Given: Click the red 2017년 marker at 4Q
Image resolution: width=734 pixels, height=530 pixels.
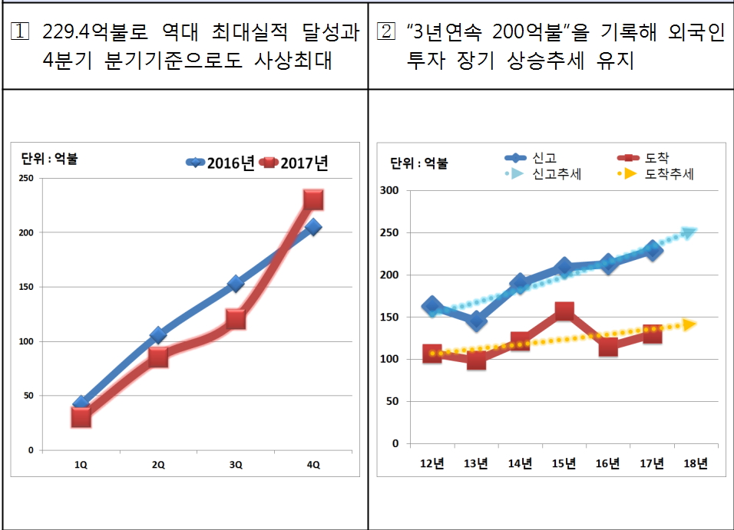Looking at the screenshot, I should tap(313, 200).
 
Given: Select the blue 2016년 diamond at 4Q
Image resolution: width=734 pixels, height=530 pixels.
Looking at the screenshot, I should tap(312, 227).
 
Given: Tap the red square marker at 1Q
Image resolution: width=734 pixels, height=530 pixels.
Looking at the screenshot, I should tap(81, 416).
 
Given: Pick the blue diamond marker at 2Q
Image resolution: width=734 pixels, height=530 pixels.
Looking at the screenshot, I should tap(158, 334).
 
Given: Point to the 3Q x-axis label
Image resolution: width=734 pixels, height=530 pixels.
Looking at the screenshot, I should tap(236, 465).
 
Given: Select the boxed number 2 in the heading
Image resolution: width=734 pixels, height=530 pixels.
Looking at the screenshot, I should tap(387, 35).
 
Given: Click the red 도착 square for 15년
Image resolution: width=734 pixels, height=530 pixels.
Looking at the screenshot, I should tap(564, 311).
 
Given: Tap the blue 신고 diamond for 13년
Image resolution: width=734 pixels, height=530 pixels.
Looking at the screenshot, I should tap(476, 321).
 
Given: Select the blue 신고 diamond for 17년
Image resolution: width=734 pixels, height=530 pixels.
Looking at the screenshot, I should tap(653, 251).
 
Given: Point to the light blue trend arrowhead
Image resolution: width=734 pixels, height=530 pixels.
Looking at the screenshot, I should tap(688, 232).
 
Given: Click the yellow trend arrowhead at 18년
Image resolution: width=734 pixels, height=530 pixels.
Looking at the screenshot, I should tap(689, 324).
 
